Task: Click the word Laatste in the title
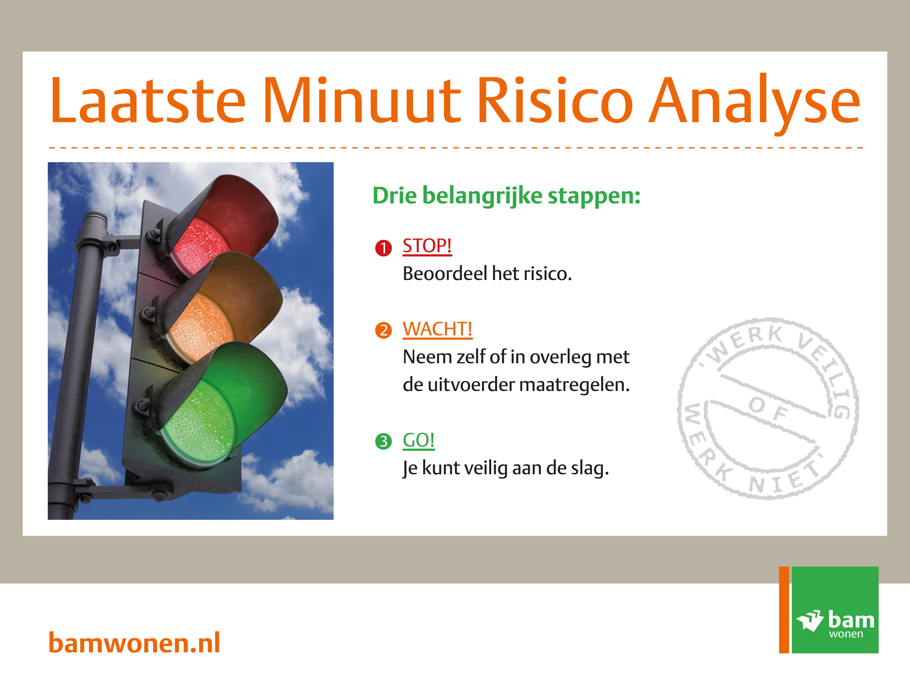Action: [148, 100]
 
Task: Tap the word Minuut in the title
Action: [361, 100]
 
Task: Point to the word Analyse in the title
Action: [755, 104]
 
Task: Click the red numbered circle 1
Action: [383, 248]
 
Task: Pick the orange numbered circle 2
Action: [383, 330]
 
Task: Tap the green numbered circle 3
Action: [383, 441]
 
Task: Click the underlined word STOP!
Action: [427, 246]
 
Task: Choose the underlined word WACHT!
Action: [437, 329]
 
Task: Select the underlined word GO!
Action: [419, 440]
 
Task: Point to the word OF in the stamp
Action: [769, 409]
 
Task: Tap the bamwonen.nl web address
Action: [134, 643]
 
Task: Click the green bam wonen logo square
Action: [835, 610]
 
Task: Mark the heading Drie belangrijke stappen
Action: [506, 196]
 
